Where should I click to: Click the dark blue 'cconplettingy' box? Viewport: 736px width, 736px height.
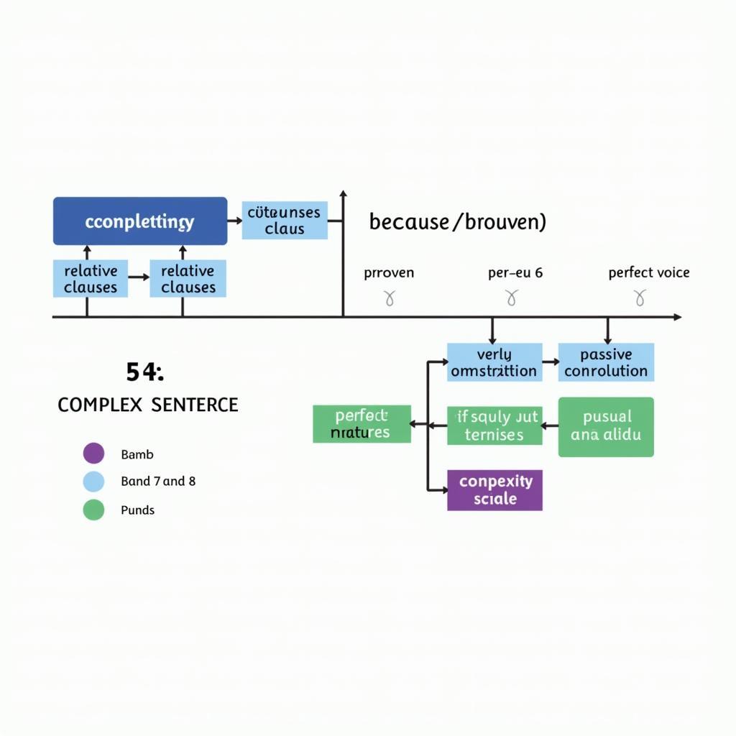(140, 221)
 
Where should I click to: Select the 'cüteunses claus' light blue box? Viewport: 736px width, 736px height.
(285, 220)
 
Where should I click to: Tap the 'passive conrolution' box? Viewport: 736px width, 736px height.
(606, 362)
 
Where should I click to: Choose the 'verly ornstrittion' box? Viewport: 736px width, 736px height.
(494, 362)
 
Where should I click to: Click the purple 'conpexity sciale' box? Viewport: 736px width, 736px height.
(494, 490)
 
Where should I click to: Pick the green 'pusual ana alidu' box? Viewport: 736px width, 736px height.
(606, 427)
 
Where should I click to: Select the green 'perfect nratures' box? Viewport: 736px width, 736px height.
(362, 424)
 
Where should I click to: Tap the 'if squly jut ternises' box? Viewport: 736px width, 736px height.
(494, 425)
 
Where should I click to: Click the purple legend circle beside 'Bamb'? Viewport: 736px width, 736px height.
(93, 454)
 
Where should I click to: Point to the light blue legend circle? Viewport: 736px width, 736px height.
(93, 482)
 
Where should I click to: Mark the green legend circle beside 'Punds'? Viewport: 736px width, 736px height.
(93, 510)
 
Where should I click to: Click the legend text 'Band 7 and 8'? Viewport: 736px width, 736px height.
(158, 482)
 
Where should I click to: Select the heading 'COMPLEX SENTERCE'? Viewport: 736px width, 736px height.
(147, 405)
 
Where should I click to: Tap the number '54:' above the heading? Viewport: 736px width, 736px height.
(144, 372)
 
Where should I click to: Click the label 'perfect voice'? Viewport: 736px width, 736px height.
(648, 272)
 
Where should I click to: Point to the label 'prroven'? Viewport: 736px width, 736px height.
(389, 273)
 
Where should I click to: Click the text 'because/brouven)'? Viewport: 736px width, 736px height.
(457, 221)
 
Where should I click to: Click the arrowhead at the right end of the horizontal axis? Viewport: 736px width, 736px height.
(676, 316)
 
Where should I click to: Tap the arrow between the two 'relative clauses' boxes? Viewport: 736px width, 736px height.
(139, 277)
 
